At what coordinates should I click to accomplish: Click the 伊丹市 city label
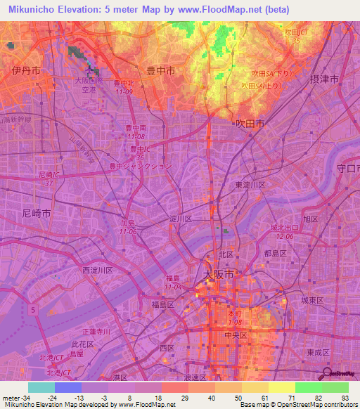point(25,71)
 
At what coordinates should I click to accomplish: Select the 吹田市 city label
point(250,123)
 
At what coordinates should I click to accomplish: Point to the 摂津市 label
point(324,79)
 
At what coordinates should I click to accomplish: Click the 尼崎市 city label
point(37,212)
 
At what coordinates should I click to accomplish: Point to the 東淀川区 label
point(250,184)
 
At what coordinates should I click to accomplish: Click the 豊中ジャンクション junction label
point(140,167)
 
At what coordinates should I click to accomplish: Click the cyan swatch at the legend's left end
point(41,387)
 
